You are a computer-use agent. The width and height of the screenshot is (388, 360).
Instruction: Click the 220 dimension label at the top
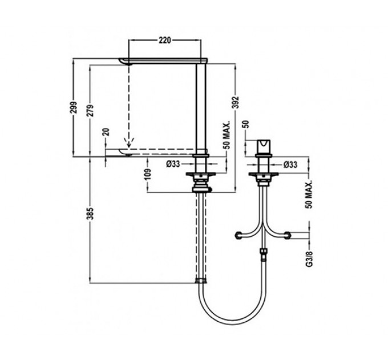point(165,40)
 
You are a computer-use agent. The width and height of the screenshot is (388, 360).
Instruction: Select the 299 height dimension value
point(74,107)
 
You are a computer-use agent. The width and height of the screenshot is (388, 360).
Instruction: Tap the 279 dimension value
point(91,110)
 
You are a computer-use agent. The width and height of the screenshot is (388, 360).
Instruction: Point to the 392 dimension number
point(236,102)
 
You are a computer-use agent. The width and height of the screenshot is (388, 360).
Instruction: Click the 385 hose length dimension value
point(91,213)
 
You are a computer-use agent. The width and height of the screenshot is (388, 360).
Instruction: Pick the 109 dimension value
point(147,175)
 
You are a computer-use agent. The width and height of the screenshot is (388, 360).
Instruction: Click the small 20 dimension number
point(106,132)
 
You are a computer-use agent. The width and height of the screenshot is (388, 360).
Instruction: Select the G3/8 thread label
point(310,259)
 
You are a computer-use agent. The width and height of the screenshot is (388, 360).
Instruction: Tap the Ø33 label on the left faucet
point(173,164)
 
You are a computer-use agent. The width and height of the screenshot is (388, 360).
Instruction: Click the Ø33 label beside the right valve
point(290,164)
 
